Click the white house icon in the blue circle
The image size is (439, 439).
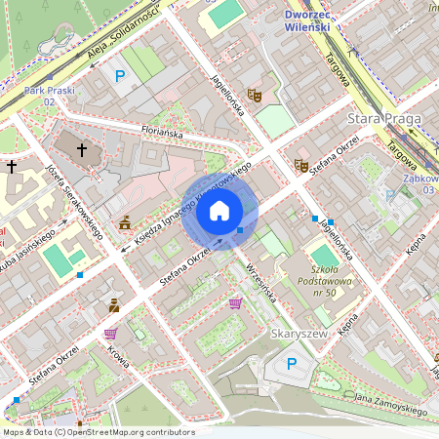coord(219,210)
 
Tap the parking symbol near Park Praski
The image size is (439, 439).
coord(120,75)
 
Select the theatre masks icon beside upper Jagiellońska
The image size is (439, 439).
coord(255,95)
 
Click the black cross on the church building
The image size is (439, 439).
coord(81,150)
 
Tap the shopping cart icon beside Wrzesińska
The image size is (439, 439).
coord(234,303)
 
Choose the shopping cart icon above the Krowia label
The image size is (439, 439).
coord(109,333)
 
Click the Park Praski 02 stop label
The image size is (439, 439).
coord(48,96)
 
